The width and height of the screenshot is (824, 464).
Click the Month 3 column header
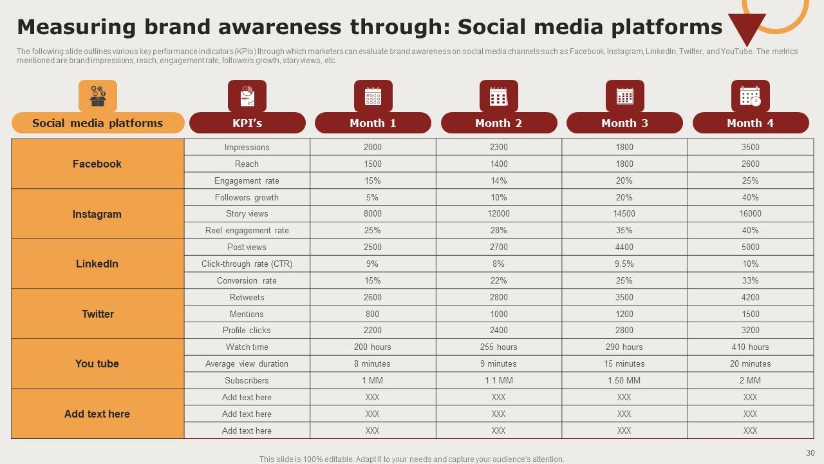pos(624,123)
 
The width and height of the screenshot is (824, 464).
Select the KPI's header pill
pos(247,123)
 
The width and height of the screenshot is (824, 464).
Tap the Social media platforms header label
pos(97,123)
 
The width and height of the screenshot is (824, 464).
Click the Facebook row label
pos(97,164)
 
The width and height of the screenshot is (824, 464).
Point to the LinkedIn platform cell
pos(97,264)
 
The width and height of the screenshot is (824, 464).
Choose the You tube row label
pos(97,364)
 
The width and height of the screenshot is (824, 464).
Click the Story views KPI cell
pos(247,213)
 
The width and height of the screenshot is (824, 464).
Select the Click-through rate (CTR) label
pos(247,264)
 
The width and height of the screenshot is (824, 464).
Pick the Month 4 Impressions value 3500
pos(751,148)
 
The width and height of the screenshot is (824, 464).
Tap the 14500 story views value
pos(624,213)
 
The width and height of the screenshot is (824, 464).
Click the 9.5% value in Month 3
pos(624,264)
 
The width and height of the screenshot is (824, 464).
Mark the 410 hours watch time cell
pos(751,347)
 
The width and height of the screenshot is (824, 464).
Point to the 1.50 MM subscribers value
pos(624,380)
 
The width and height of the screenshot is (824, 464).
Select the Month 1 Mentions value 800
pos(372,314)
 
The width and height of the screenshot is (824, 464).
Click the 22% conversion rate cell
pos(499,280)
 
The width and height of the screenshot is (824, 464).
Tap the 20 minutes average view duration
pos(751,364)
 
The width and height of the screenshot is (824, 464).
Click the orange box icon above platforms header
pos(98,96)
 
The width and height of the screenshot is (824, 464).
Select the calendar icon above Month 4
pos(751,96)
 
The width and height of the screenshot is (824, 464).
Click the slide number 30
pos(810,453)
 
